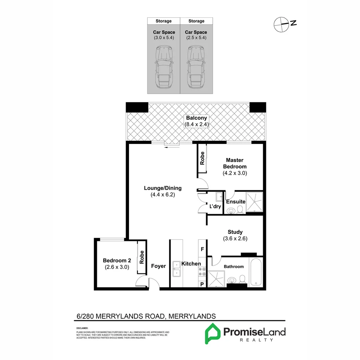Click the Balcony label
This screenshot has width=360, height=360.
pyautogui.click(x=197, y=118)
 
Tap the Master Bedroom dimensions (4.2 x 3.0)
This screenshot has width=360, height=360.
pyautogui.click(x=235, y=173)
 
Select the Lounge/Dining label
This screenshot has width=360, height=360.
pyautogui.click(x=163, y=188)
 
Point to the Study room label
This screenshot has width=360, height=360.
pyautogui.click(x=235, y=232)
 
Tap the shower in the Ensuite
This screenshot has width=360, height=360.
pyautogui.click(x=254, y=202)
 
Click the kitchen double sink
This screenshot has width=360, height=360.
pyautogui.click(x=176, y=269)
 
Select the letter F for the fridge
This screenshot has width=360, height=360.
pyautogui.click(x=202, y=249)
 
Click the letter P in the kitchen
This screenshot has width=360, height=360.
pyautogui.click(x=202, y=284)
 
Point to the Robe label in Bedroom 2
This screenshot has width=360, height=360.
pyautogui.click(x=142, y=257)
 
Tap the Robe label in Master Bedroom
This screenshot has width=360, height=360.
pyautogui.click(x=202, y=158)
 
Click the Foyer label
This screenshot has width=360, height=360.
pyautogui.click(x=158, y=266)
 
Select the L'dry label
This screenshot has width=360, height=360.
pyautogui.click(x=215, y=207)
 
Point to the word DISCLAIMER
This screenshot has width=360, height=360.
pyautogui.click(x=82, y=328)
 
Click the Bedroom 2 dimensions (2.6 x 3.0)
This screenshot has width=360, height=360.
pyautogui.click(x=117, y=267)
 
